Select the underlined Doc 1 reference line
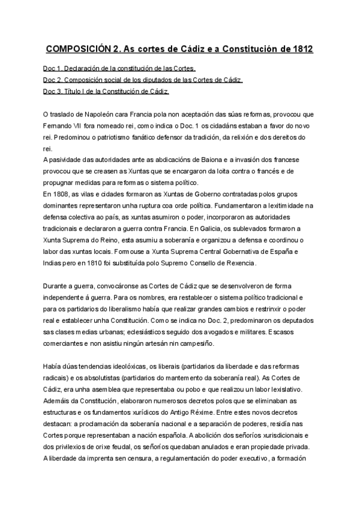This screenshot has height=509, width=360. coord(120,68)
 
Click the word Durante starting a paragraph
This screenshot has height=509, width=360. coord(59,286)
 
